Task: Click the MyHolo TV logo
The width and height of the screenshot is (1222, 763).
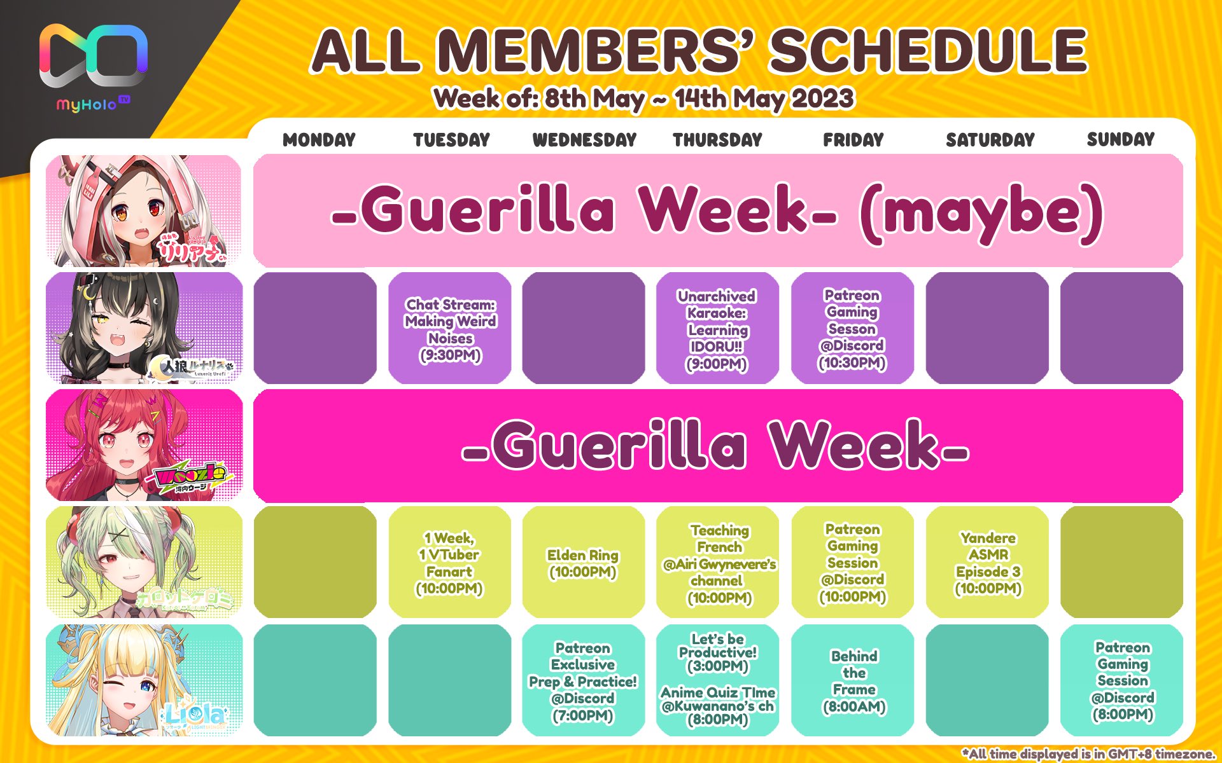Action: [94, 67]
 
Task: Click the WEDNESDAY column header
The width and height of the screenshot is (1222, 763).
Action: [584, 140]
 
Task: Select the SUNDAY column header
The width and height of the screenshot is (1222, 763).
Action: [1120, 139]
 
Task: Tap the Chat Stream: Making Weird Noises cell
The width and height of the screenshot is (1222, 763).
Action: [450, 328]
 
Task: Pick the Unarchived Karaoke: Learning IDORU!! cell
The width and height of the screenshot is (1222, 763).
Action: [717, 328]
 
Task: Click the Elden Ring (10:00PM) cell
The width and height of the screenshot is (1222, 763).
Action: [583, 562]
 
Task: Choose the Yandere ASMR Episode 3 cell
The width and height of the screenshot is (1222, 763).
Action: [987, 562]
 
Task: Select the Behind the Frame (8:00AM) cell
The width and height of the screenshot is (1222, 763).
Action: [853, 680]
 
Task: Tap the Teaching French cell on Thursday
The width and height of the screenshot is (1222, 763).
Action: [717, 562]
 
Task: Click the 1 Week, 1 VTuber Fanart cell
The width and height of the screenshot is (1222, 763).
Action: [450, 562]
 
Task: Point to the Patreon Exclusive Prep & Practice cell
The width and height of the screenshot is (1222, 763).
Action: [583, 680]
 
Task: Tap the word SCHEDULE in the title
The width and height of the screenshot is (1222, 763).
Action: [928, 51]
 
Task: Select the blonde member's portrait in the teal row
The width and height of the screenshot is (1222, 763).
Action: [144, 680]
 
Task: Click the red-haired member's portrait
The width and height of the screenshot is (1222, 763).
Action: [144, 445]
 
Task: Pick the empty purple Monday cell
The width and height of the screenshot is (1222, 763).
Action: [315, 328]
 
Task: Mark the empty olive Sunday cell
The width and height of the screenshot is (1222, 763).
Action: [1121, 562]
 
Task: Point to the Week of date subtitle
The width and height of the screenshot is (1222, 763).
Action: [643, 99]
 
